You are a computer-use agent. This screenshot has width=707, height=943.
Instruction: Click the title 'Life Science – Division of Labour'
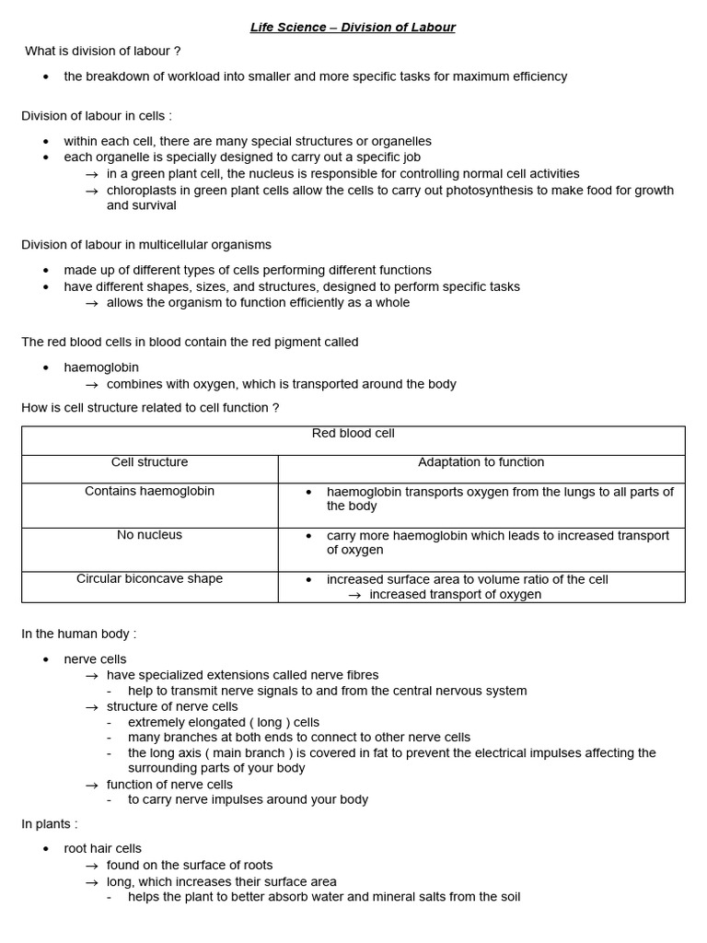pos(353,27)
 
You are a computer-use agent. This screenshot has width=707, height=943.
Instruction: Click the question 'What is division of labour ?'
pos(103,51)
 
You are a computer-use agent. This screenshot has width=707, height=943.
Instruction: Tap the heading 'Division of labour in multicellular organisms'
pos(146,244)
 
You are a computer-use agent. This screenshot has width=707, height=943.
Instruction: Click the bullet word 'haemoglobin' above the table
pos(101,367)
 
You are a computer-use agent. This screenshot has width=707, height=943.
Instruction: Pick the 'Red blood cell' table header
pos(353,433)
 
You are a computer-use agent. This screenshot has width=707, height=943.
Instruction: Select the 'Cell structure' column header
pos(149,462)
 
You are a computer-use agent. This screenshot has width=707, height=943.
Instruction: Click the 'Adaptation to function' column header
pos(481,462)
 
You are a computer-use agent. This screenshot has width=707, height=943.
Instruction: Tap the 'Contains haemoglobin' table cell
pos(149,491)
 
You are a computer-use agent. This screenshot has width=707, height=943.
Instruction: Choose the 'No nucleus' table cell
pos(149,535)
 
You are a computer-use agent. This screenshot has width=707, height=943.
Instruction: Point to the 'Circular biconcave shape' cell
pos(149,579)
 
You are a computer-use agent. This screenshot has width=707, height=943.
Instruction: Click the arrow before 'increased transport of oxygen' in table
pos(354,595)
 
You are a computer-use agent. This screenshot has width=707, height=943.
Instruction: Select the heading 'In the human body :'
pos(78,634)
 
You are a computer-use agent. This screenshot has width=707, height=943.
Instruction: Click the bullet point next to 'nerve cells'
pos(46,659)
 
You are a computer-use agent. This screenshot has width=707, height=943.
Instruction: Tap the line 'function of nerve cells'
pos(169,785)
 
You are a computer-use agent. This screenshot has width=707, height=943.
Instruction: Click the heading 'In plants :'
pos(50,823)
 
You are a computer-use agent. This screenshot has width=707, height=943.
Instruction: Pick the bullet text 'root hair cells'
pos(102,848)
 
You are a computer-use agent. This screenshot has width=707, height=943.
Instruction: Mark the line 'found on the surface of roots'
pos(190,865)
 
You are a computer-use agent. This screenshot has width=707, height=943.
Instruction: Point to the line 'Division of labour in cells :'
pos(97,115)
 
